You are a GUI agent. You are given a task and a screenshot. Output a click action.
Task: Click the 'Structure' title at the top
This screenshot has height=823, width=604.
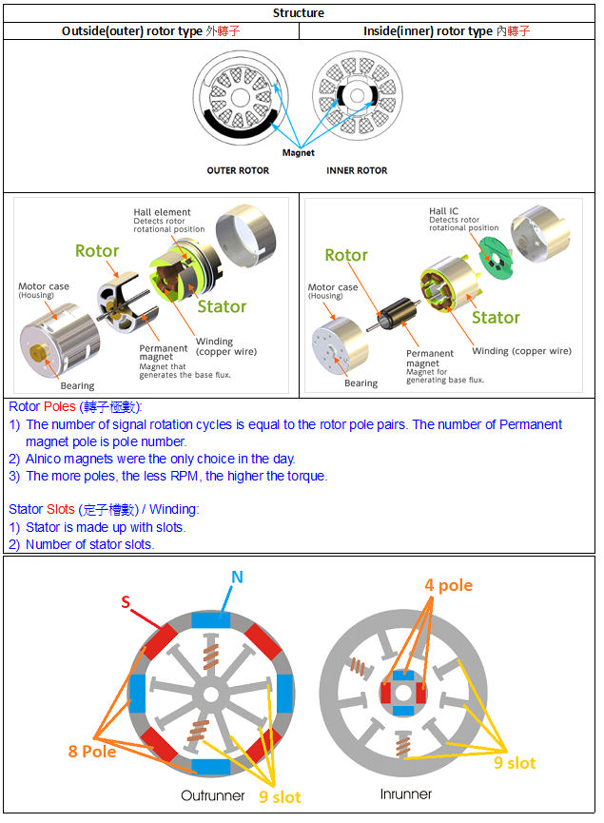pyautogui.click(x=299, y=13)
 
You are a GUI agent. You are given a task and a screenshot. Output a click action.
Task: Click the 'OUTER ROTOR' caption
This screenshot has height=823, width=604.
pyautogui.click(x=238, y=170)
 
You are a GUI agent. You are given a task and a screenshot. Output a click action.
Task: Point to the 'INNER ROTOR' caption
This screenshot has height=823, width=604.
pyautogui.click(x=357, y=170)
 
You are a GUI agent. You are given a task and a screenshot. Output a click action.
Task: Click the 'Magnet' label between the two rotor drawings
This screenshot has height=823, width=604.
pyautogui.click(x=298, y=152)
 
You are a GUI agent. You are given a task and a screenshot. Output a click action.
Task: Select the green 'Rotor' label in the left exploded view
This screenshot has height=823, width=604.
pyautogui.click(x=97, y=251)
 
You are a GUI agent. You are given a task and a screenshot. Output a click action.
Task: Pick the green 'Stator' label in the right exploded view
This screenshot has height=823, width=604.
pyautogui.click(x=496, y=317)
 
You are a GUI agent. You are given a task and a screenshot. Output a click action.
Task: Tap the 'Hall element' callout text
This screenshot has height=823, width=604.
pyautogui.click(x=162, y=212)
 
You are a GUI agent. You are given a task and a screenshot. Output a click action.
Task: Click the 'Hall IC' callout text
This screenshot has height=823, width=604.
pyautogui.click(x=444, y=211)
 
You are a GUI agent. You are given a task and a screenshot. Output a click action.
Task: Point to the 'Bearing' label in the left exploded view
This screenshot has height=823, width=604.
pyautogui.click(x=77, y=385)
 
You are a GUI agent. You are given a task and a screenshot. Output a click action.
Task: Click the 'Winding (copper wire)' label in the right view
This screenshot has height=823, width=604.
pyautogui.click(x=521, y=351)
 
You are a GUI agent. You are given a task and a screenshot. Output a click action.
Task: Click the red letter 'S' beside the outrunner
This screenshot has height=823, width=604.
pyautogui.click(x=126, y=602)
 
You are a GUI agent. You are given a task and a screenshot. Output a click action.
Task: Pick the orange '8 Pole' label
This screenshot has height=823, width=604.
pyautogui.click(x=91, y=751)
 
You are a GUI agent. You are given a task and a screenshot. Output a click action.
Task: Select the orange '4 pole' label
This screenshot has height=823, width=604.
pyautogui.click(x=448, y=585)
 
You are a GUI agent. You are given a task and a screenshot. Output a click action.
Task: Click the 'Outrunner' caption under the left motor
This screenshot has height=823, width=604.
pyautogui.click(x=213, y=794)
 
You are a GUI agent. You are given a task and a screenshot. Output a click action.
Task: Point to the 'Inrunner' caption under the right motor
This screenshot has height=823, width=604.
pyautogui.click(x=405, y=794)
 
